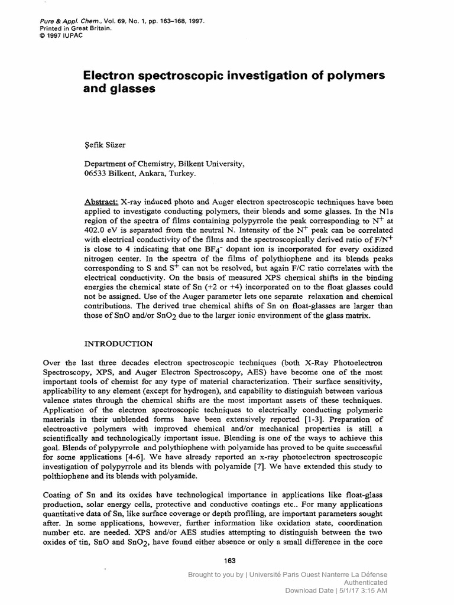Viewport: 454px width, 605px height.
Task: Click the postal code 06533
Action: [97, 174]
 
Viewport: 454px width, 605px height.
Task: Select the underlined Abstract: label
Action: [101, 202]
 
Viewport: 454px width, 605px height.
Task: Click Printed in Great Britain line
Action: [57, 27]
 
